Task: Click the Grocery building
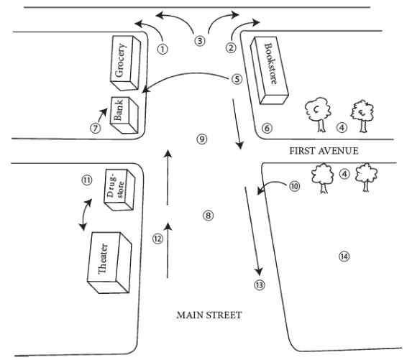coord(125,63)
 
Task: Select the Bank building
coord(124,115)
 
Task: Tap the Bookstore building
coord(269,70)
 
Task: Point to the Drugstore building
coord(119,190)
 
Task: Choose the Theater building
coord(109,262)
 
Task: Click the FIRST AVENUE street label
coord(324,151)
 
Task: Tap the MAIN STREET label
coord(209,315)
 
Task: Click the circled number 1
coord(163,49)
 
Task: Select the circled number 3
coord(200,41)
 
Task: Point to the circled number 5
coord(237,79)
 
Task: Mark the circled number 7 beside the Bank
coord(96,128)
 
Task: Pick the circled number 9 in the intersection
coord(202,139)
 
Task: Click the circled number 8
coord(208,216)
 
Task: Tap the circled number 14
coord(344,257)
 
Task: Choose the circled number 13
coord(260,285)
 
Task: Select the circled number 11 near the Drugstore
coord(87,180)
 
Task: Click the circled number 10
coord(294,186)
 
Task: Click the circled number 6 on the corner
coord(267,128)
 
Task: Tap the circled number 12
coord(157,239)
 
